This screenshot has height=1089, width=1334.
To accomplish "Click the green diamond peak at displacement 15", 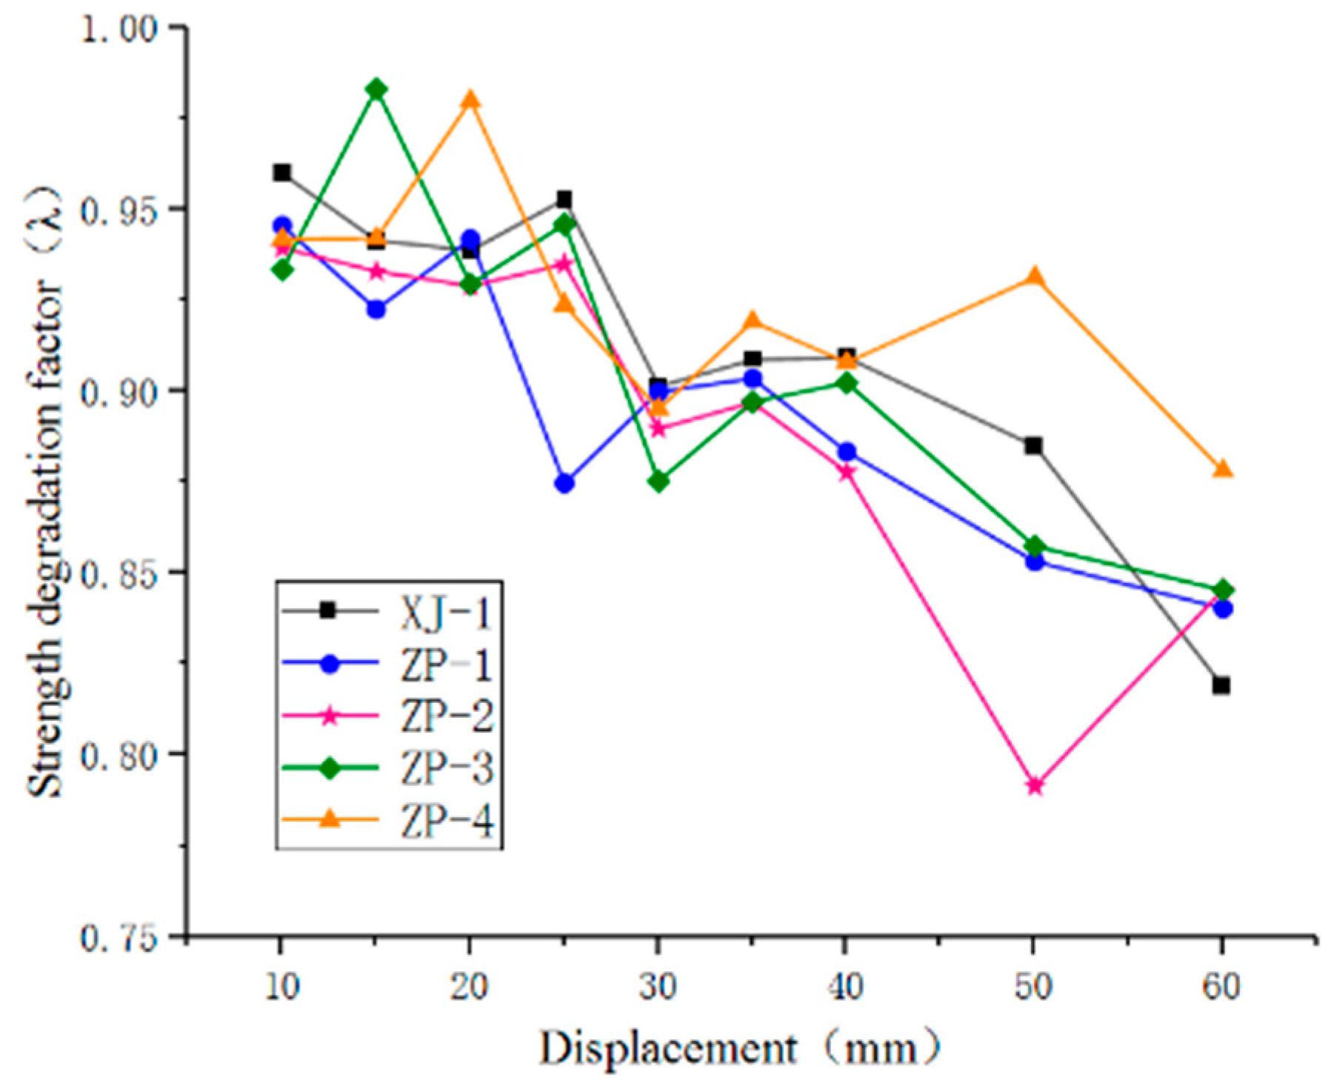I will [376, 90].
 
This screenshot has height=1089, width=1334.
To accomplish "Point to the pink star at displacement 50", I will [1035, 786].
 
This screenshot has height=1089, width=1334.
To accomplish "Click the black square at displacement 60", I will [1221, 685].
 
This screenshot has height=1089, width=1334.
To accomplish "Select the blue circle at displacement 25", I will [564, 484].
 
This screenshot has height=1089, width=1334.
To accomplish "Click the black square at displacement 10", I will [281, 173].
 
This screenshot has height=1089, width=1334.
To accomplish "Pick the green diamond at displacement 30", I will [658, 482].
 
